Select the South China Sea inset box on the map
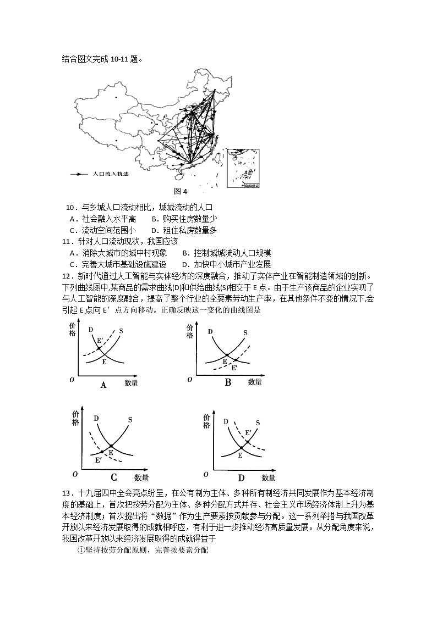point(243,169)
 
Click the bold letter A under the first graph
point(103,385)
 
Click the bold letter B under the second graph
point(228,382)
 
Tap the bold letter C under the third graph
point(114,477)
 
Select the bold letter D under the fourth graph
point(241,477)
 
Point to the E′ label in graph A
point(100,341)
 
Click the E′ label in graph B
point(234,368)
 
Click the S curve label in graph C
point(130,420)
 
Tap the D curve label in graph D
point(226,421)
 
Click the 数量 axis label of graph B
point(254,381)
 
